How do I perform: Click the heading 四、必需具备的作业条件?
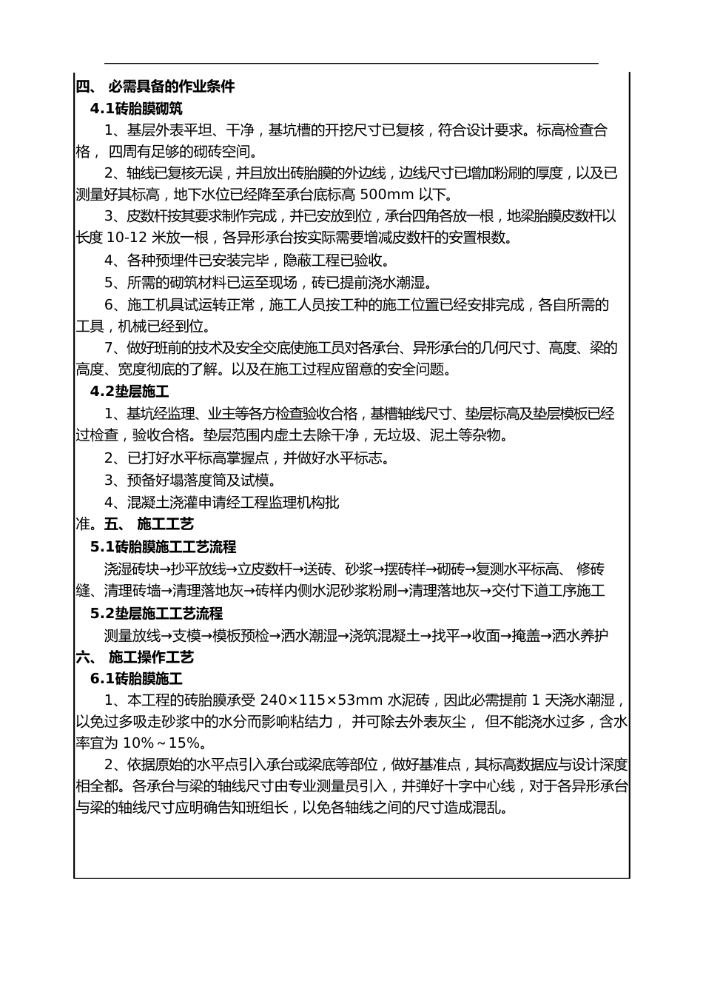coord(155,87)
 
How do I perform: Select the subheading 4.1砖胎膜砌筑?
coord(136,109)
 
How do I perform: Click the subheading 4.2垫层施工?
coord(129,392)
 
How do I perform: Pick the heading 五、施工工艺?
coord(149,525)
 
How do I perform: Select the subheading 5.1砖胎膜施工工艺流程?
coord(163,547)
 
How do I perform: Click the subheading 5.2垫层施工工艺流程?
coord(156,614)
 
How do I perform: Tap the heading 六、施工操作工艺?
coord(135,657)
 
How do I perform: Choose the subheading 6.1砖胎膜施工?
coord(136,679)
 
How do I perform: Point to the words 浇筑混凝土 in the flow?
coord(384,636)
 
